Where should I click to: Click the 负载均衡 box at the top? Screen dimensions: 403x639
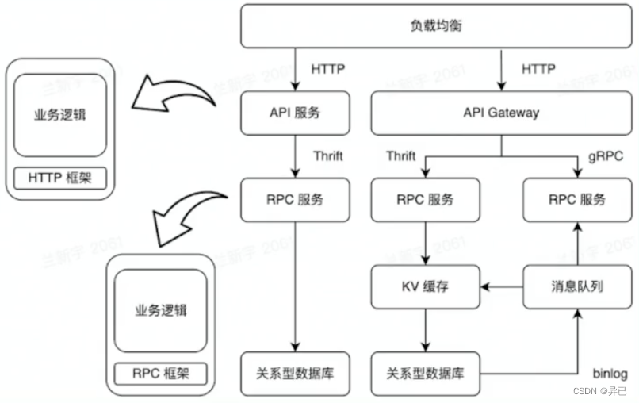(438, 26)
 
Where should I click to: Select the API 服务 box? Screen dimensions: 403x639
(294, 113)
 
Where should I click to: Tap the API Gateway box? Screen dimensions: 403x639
(501, 113)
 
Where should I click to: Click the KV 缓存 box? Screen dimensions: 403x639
(427, 286)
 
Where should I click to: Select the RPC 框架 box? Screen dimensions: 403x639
(160, 372)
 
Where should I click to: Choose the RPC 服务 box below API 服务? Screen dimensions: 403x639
(294, 199)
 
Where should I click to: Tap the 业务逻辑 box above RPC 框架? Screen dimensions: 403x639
(160, 309)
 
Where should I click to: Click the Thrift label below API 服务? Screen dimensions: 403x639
(327, 155)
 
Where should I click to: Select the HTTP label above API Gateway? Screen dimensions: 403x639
(538, 69)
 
